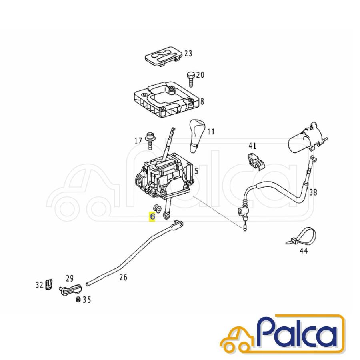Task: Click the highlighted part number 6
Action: point(152,216)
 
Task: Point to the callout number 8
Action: point(202,101)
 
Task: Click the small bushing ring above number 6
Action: point(157,208)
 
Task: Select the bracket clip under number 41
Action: point(256,162)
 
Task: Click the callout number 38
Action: point(313,192)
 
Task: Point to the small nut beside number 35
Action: point(78,299)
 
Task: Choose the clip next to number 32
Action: point(49,284)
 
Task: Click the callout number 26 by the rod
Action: point(123,277)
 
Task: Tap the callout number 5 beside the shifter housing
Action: point(196,171)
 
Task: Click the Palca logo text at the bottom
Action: point(299,334)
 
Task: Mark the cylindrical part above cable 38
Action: point(307,139)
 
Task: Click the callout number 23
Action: point(188,54)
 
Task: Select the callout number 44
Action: point(304,251)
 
